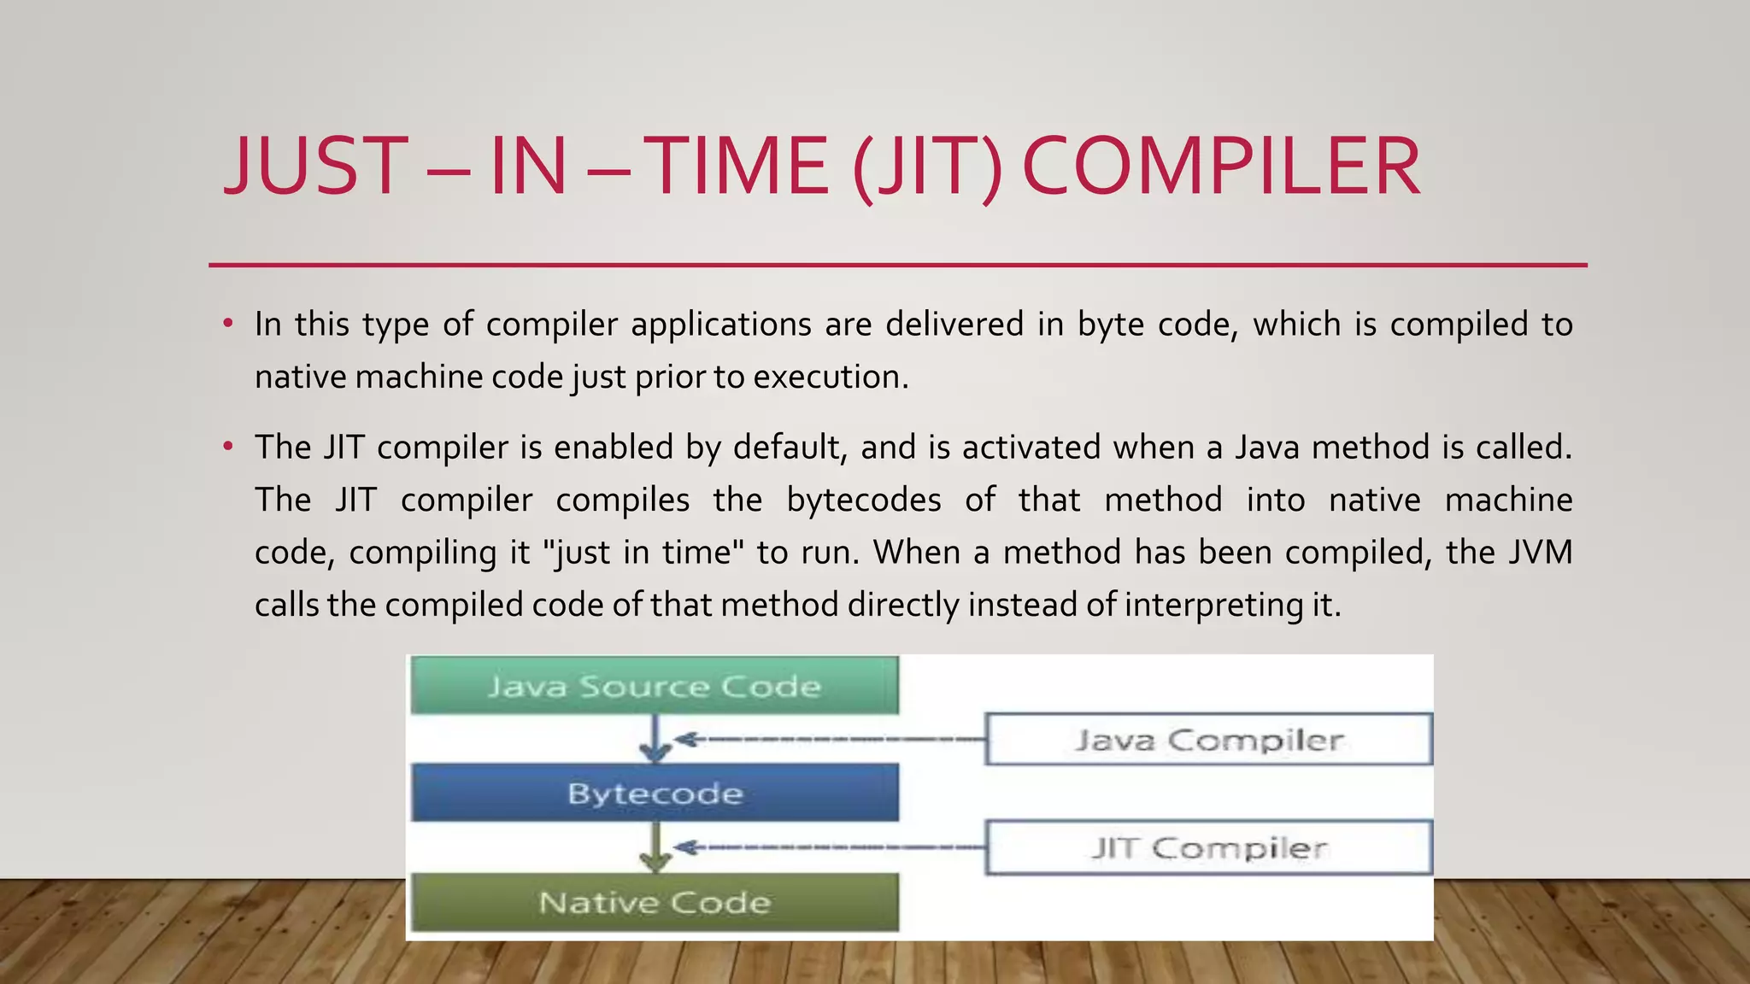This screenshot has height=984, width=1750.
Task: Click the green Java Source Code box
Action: (655, 685)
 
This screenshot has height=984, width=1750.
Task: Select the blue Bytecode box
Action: (655, 793)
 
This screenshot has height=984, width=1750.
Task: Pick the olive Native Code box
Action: (655, 902)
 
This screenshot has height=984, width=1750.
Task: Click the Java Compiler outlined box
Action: (1208, 739)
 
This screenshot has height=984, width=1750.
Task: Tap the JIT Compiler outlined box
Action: (1208, 847)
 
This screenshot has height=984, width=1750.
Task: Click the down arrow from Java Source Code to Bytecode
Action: (655, 739)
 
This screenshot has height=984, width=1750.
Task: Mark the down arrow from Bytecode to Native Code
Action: (655, 847)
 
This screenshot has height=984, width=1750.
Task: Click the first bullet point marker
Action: (227, 324)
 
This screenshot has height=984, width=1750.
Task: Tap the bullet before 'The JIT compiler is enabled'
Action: (227, 447)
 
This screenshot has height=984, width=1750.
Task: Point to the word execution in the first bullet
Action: (829, 377)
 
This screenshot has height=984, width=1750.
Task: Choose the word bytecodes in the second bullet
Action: (863, 500)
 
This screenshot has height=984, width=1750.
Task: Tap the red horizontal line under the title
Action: (897, 266)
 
